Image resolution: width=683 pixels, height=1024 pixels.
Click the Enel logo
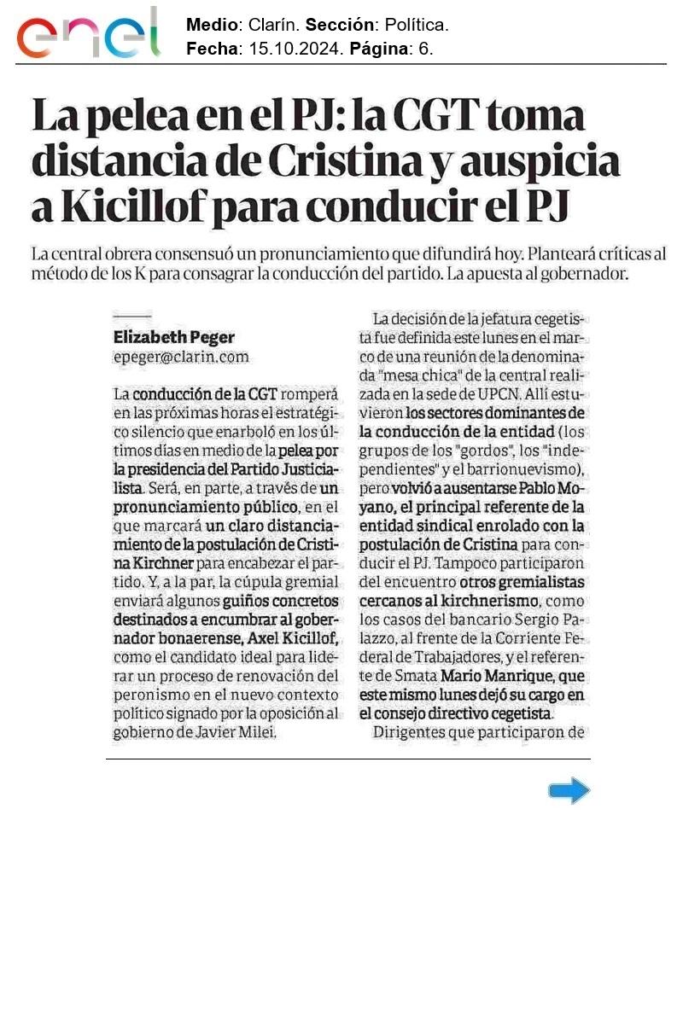[88, 33]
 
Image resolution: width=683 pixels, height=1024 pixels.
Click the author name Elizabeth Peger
[174, 337]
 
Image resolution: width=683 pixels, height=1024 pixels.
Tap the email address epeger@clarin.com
[181, 358]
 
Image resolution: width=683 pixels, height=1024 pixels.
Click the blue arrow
[569, 791]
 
